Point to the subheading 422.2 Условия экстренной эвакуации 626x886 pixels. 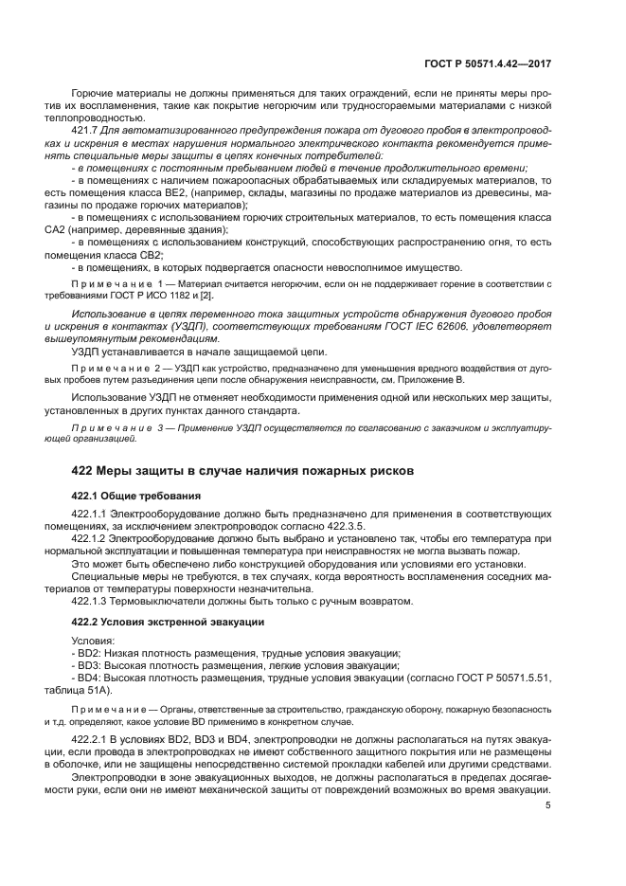tap(168, 622)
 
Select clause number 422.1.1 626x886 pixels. tap(92, 513)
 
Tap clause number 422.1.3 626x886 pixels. tap(92, 600)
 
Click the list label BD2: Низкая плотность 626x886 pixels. tap(152, 653)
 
